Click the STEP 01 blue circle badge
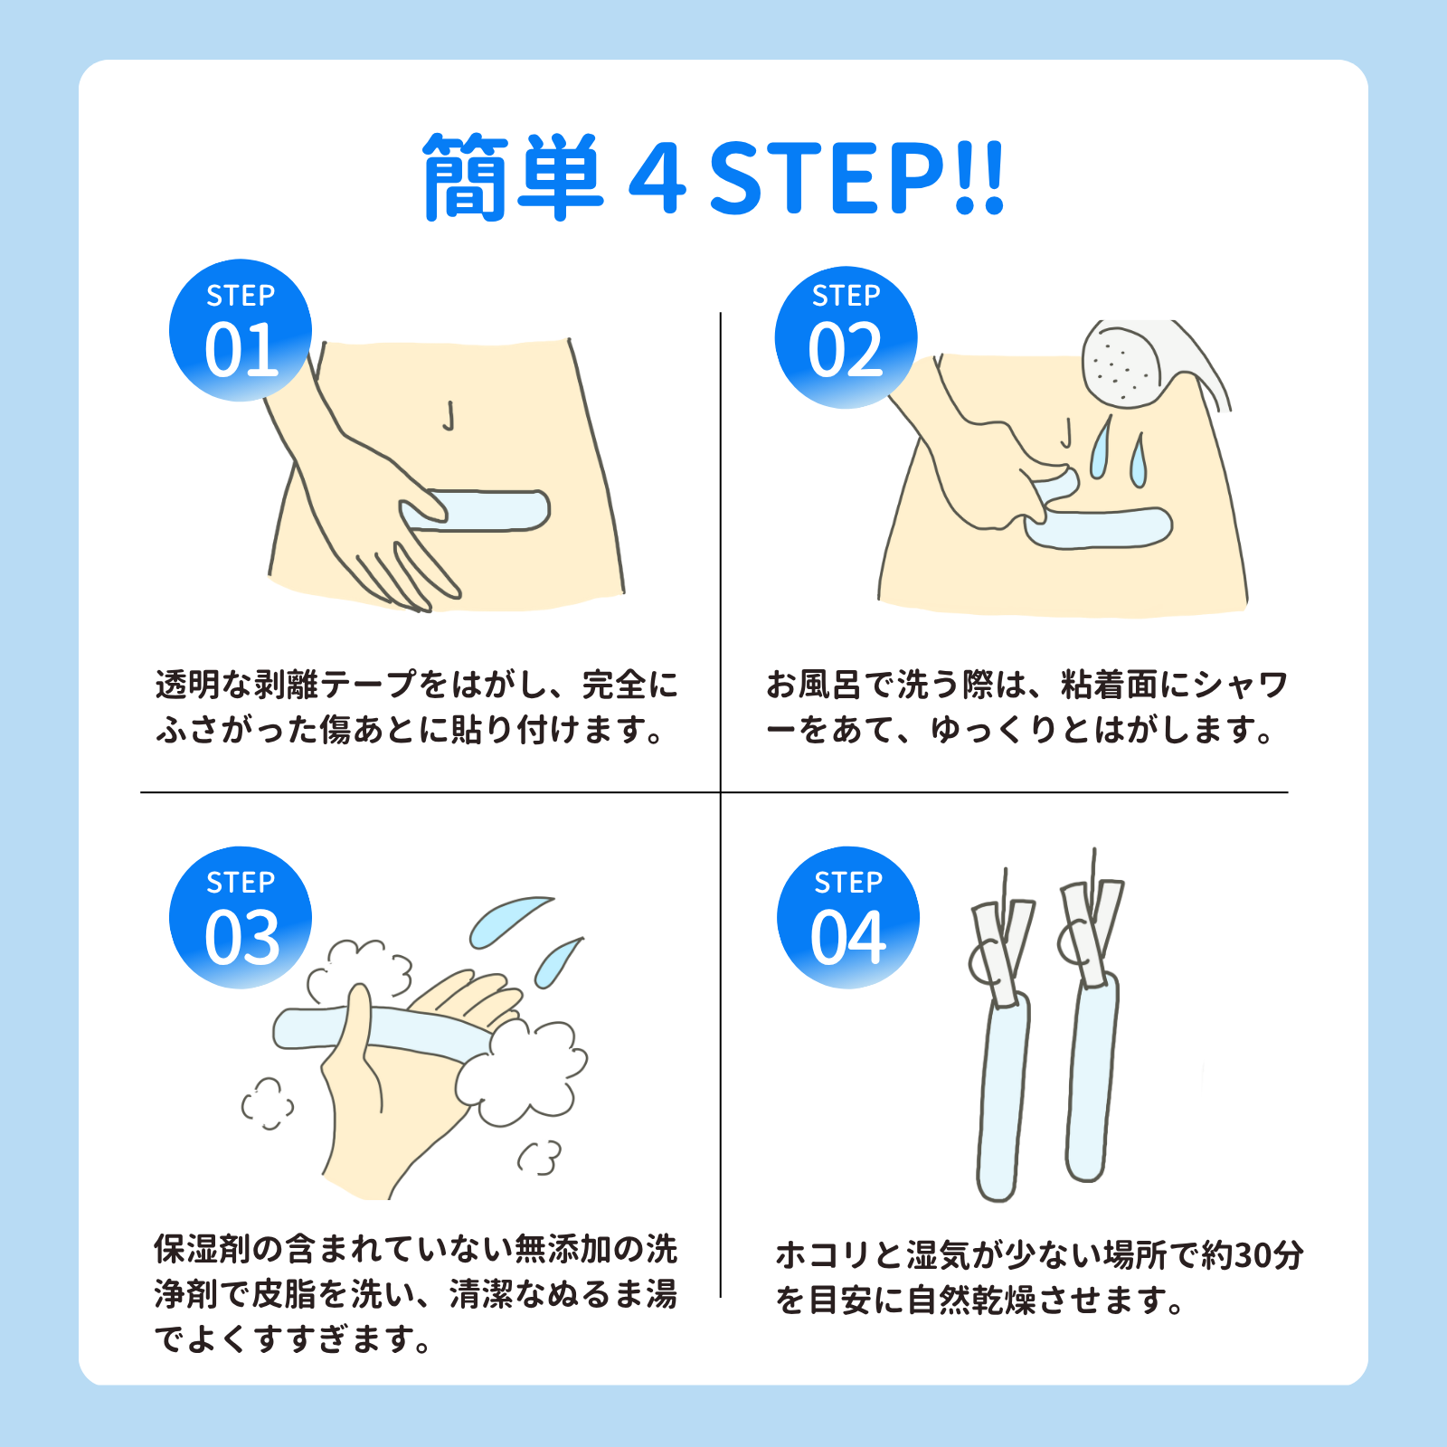click(241, 330)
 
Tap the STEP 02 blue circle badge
click(846, 336)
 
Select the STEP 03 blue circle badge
click(241, 917)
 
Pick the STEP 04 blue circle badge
click(847, 917)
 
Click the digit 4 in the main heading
click(657, 177)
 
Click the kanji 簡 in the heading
click(465, 177)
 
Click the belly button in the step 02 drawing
click(1066, 433)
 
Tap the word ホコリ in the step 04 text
click(823, 1255)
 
